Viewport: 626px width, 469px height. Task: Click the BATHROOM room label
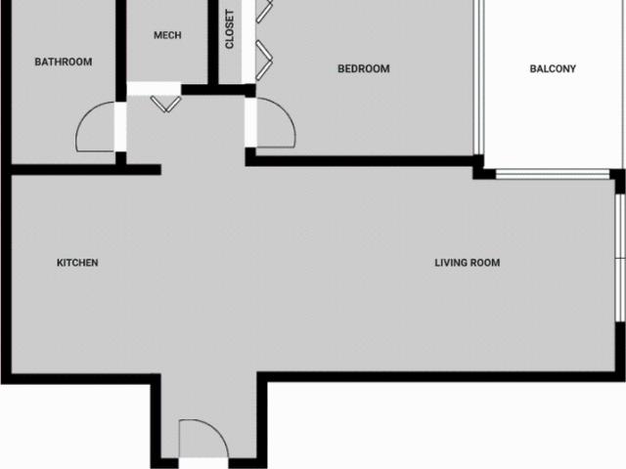click(64, 62)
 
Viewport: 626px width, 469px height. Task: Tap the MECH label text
click(167, 35)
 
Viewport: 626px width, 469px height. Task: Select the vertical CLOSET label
click(230, 29)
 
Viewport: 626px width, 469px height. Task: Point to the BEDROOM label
click(363, 68)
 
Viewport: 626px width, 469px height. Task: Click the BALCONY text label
click(553, 68)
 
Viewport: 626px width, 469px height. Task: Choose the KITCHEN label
click(77, 263)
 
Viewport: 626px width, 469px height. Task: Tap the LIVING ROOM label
click(468, 263)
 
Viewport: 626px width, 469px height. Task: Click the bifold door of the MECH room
click(166, 102)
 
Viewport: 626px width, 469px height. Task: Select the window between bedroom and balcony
click(478, 78)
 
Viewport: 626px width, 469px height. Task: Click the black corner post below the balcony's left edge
click(481, 171)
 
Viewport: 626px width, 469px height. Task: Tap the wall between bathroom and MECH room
click(121, 49)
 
